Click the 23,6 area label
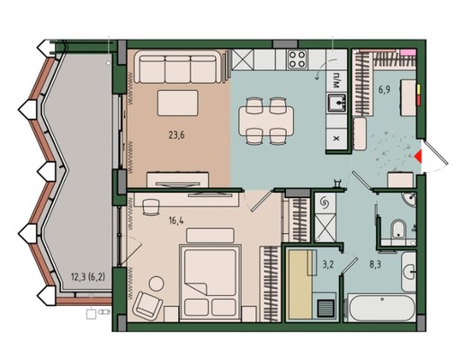(x=176, y=135)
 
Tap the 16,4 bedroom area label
(x=176, y=221)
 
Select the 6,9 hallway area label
(x=384, y=89)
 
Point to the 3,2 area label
(x=327, y=265)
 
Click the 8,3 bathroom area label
(x=375, y=265)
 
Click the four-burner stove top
(x=297, y=59)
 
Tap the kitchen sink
(x=336, y=103)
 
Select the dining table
(x=266, y=121)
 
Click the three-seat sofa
(x=178, y=67)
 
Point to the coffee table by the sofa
(x=178, y=103)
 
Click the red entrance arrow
(x=418, y=157)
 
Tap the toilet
(x=398, y=229)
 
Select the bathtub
(x=381, y=308)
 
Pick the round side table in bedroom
(x=156, y=283)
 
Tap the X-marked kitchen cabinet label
(x=336, y=139)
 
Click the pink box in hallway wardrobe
(x=408, y=52)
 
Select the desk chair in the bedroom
(x=151, y=207)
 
